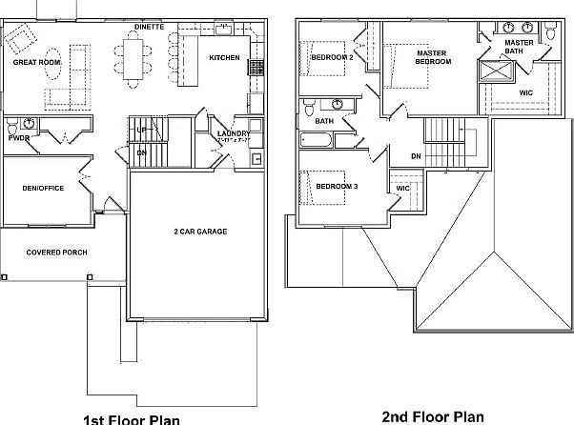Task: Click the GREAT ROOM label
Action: coord(36,62)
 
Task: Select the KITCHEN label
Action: coord(225,58)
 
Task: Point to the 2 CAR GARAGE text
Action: coord(199,231)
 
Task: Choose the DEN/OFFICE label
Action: coord(43,188)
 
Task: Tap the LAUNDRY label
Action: coord(233,134)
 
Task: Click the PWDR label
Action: coord(18,138)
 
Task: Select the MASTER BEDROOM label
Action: coord(432,57)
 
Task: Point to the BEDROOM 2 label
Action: coord(333,57)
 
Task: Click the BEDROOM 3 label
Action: coord(337,186)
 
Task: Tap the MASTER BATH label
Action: coord(519,48)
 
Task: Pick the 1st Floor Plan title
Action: coord(133,417)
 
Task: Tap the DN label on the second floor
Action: coord(416,156)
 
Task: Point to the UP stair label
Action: coord(142,130)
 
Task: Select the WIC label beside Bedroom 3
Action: coord(402,189)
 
